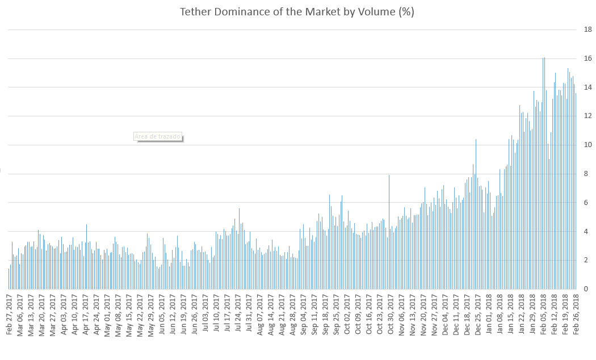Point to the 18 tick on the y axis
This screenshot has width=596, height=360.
588,30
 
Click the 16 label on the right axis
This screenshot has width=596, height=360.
588,58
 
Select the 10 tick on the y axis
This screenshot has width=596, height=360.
588,145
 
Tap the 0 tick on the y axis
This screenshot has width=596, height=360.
586,289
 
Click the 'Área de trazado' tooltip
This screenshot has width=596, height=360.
157,136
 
